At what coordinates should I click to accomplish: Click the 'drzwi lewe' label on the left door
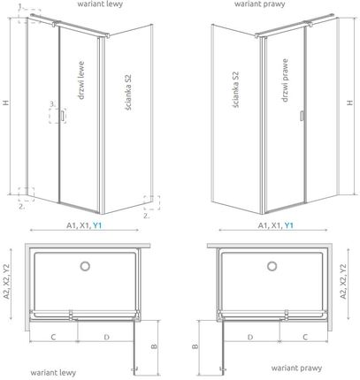tap(81, 80)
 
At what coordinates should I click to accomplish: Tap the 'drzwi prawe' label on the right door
tap(285, 80)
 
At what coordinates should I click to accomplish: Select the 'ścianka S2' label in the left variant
tap(128, 93)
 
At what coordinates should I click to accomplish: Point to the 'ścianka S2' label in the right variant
tap(235, 89)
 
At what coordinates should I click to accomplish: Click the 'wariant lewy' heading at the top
tap(100, 4)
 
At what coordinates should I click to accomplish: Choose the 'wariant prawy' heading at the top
tap(260, 4)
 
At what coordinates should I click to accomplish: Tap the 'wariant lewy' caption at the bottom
tap(53, 373)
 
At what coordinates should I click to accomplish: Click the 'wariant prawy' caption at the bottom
tap(296, 368)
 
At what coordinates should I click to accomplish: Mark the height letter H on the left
tap(6, 103)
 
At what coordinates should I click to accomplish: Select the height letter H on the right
tap(349, 103)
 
